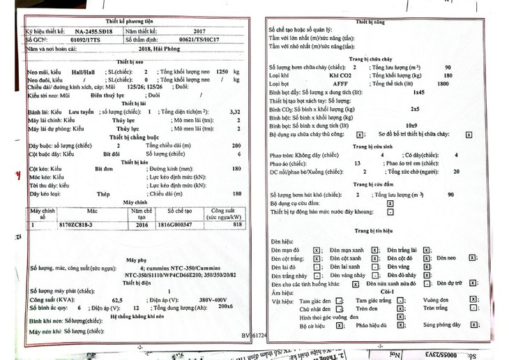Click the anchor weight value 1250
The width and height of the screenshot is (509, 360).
pyautogui.click(x=222, y=71)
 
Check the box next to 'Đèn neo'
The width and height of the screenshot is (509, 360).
pyautogui.click(x=472, y=258)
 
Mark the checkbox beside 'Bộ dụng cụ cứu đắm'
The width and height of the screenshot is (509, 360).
pyautogui.click(x=390, y=204)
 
